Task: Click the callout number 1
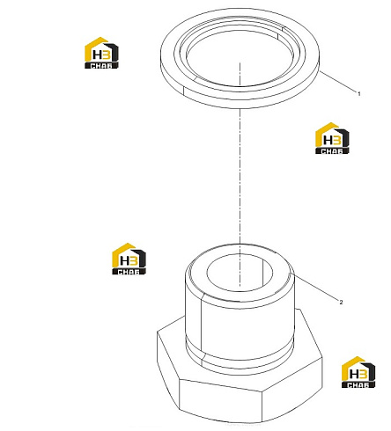tap(358, 94)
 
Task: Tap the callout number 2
tap(341, 303)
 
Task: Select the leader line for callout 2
tap(314, 287)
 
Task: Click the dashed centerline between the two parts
tap(240, 176)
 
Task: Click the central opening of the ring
tap(240, 59)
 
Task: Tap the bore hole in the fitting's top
tap(240, 273)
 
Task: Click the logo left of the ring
tap(101, 53)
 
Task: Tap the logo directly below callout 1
tap(332, 138)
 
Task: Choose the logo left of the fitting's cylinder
tap(129, 259)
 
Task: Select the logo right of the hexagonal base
tap(358, 372)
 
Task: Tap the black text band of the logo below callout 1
tap(332, 151)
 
